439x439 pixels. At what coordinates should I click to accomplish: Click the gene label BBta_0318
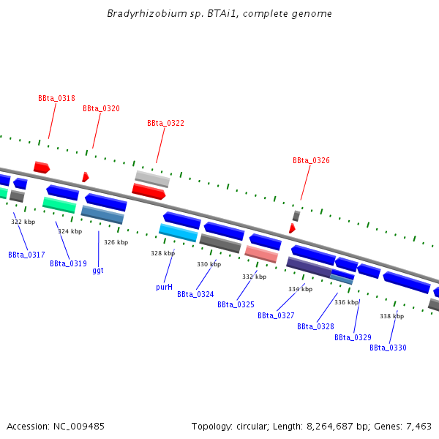[x=56, y=98]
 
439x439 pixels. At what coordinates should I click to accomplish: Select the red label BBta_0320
[x=101, y=108]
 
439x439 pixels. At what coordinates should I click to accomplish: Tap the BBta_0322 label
[x=165, y=124]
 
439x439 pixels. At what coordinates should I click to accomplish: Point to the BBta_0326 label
[x=311, y=160]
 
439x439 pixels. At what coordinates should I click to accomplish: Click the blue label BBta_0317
[x=26, y=255]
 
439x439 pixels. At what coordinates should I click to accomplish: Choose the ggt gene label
[x=97, y=270]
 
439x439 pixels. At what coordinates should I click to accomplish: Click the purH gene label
[x=164, y=288]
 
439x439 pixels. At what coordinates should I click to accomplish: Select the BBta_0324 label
[x=195, y=295]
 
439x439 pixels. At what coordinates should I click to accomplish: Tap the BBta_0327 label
[x=276, y=316]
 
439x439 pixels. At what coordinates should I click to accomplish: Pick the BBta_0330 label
[x=388, y=348]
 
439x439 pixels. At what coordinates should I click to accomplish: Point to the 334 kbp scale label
[x=300, y=289]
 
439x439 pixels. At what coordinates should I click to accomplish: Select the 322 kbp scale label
[x=23, y=222]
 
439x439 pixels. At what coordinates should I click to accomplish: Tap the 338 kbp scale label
[x=391, y=316]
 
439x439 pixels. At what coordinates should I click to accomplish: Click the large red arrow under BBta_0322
[x=149, y=192]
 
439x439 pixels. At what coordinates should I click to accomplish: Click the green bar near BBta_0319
[x=59, y=205]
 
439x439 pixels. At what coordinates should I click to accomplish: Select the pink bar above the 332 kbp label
[x=261, y=254]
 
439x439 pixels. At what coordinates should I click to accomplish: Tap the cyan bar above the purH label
[x=178, y=233]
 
